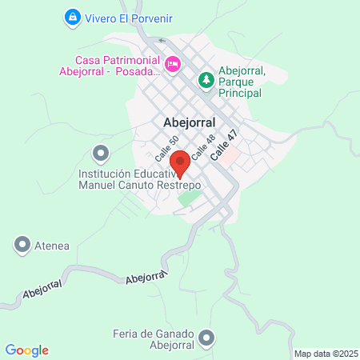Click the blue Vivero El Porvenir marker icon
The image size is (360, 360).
73,16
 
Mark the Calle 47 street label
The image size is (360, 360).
223,147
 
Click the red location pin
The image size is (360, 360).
180,162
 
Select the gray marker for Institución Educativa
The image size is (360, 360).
100,152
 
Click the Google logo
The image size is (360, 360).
26,350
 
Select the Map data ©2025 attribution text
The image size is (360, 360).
325,354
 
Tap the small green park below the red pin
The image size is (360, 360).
189,198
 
